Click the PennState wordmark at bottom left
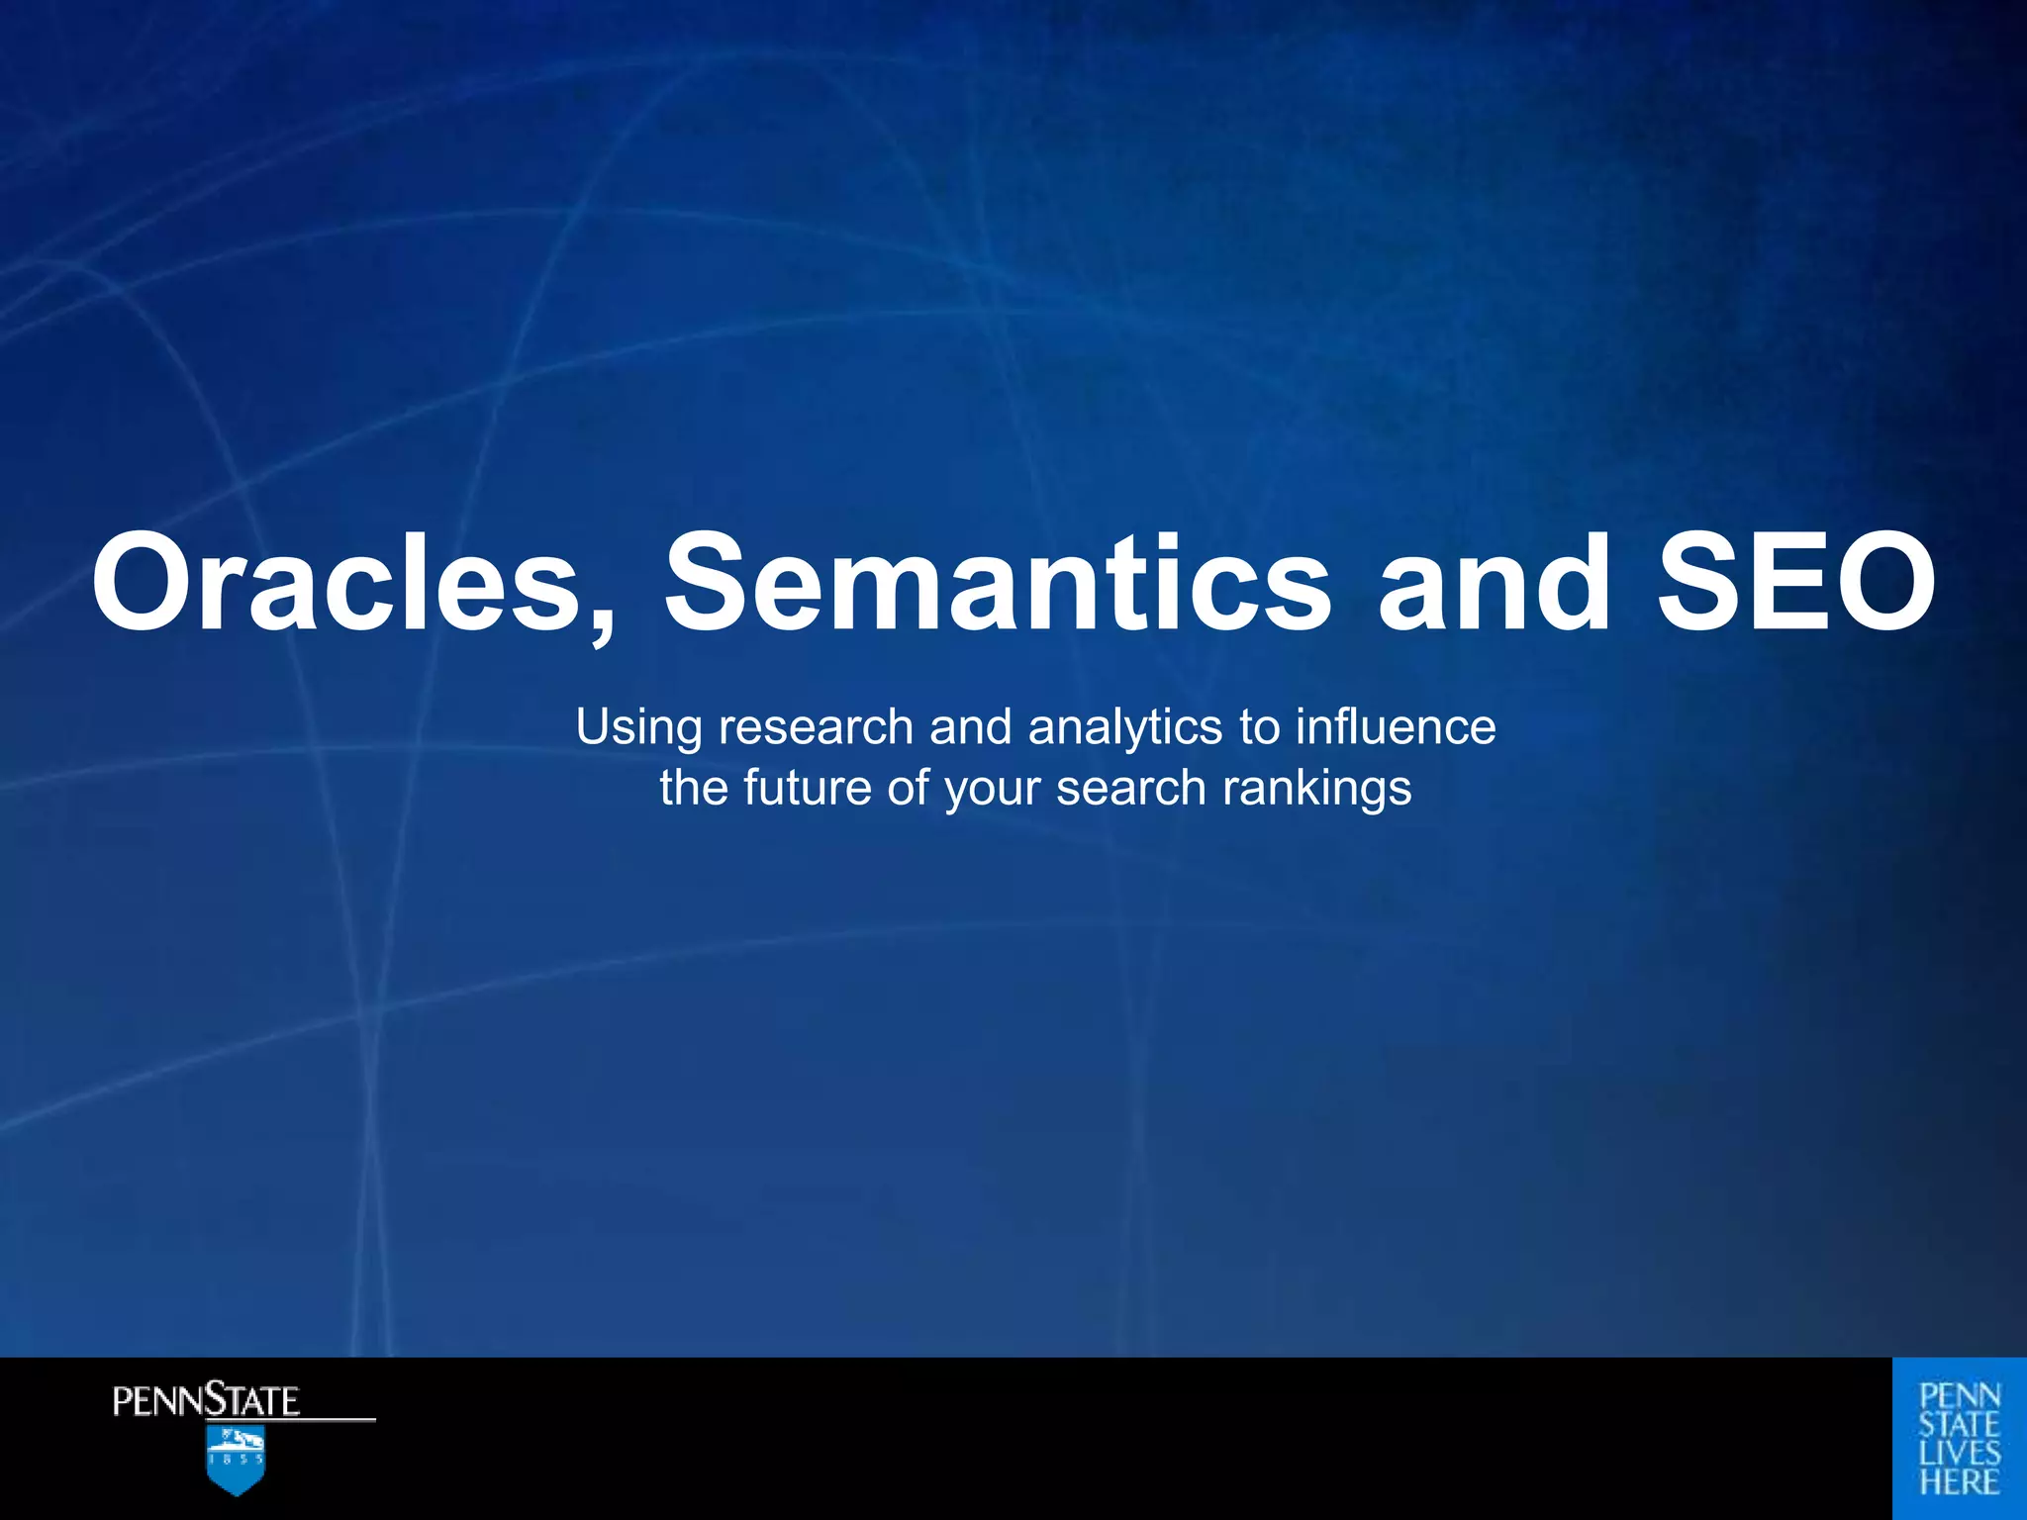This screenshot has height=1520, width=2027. (x=206, y=1401)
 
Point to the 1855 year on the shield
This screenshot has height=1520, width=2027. (x=236, y=1459)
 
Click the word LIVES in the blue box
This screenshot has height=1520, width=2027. (x=1960, y=1454)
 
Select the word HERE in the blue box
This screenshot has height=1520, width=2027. (x=1960, y=1482)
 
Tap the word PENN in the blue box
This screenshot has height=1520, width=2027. (x=1960, y=1396)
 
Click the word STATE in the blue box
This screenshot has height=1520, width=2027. (x=1960, y=1425)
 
